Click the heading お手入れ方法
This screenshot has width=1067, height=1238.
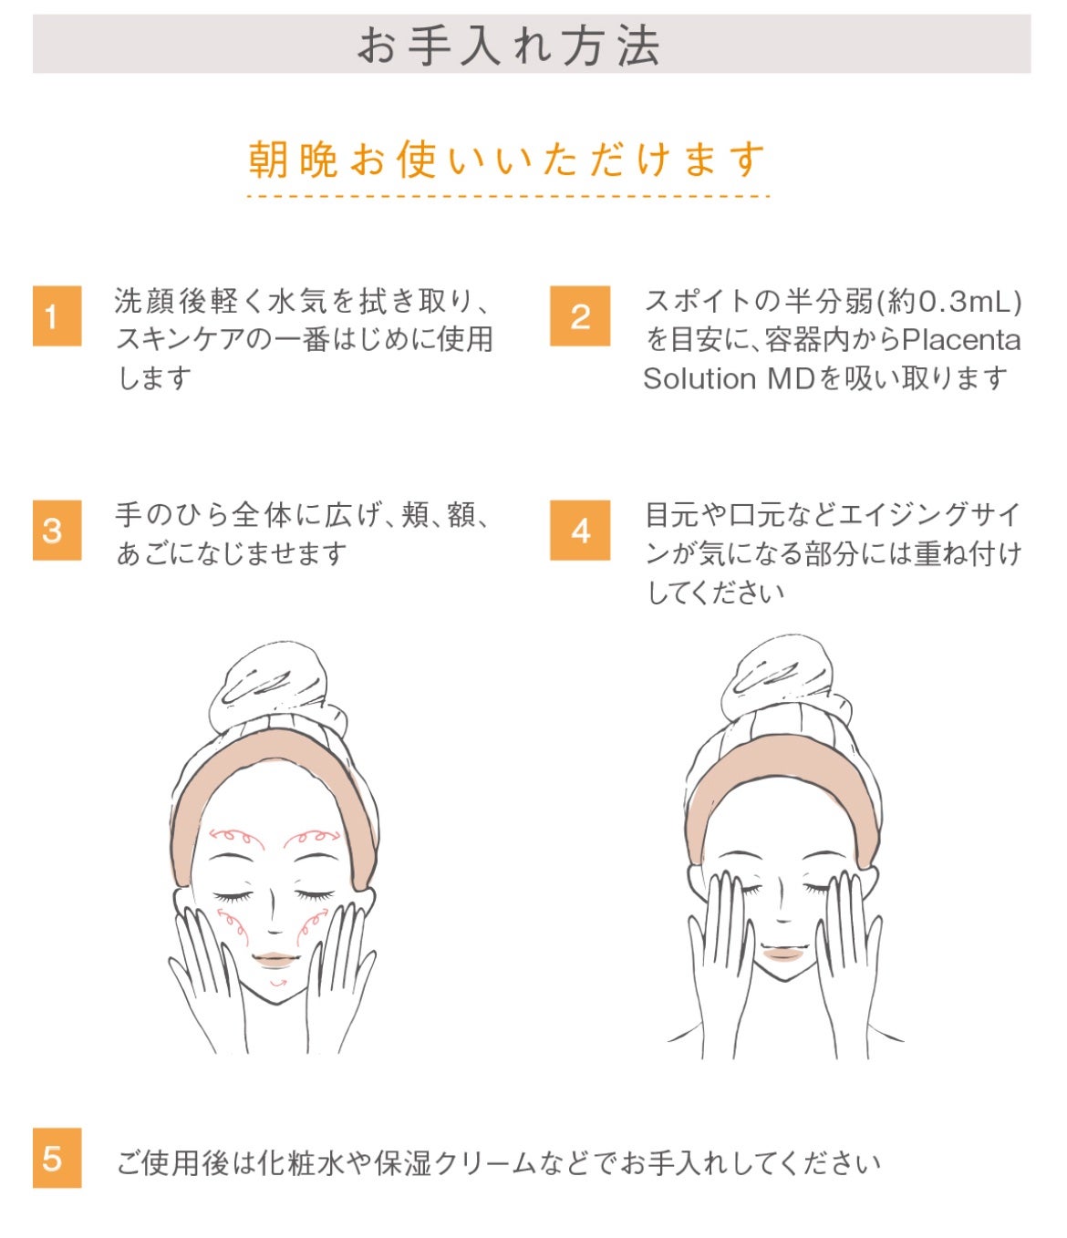click(x=508, y=46)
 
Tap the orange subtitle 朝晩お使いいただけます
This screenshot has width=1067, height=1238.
click(x=506, y=160)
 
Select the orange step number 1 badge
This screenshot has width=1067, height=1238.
click(x=57, y=316)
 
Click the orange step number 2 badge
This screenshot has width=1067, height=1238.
click(x=580, y=316)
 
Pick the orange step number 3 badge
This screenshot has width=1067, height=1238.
click(x=57, y=530)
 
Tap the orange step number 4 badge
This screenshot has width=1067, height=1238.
click(x=580, y=530)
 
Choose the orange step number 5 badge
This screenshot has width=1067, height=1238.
click(x=57, y=1158)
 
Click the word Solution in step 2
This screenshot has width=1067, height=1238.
click(x=699, y=378)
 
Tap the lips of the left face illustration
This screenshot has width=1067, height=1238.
click(x=275, y=960)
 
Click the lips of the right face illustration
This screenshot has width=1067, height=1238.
click(x=782, y=954)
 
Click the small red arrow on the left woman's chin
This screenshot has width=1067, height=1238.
click(x=278, y=984)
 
